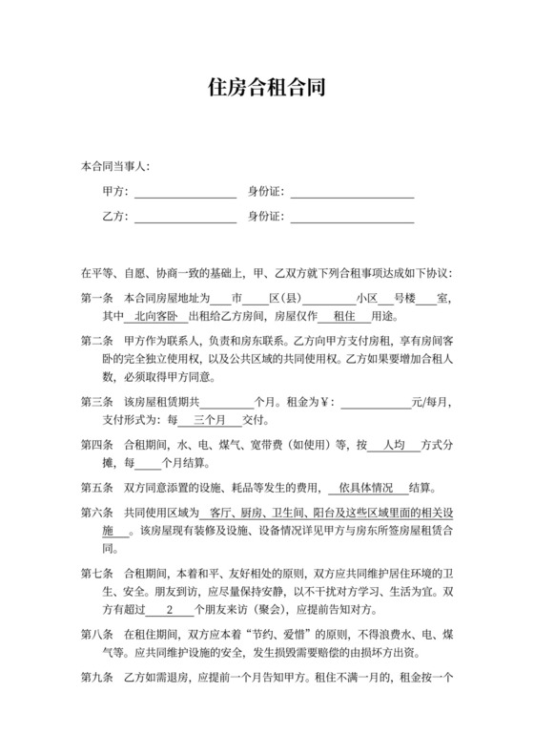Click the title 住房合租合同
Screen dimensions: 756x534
(x=266, y=88)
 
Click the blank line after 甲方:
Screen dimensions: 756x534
(x=185, y=193)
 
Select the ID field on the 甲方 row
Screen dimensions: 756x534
(x=352, y=193)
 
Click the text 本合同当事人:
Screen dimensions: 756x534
(x=115, y=167)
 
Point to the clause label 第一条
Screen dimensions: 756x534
(x=97, y=297)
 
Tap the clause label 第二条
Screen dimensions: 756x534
(x=97, y=341)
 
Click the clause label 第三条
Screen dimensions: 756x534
(x=97, y=402)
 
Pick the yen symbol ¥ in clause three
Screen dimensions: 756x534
(x=321, y=402)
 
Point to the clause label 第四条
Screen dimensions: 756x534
(x=97, y=445)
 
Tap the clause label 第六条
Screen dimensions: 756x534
(x=97, y=513)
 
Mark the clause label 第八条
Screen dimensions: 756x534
(x=97, y=635)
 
